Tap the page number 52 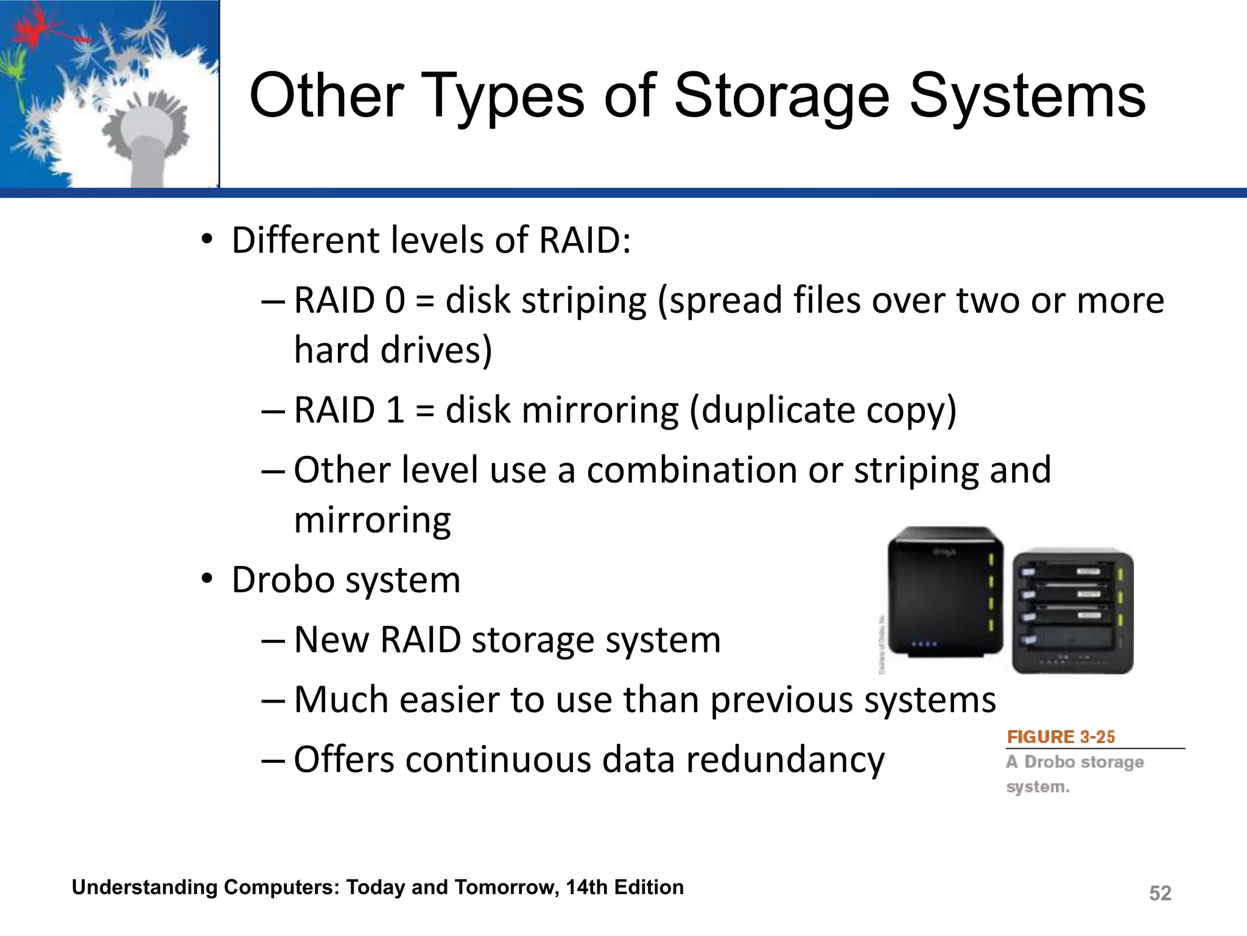tap(1160, 893)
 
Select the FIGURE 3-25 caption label tap(1061, 737)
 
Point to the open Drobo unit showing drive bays tap(1073, 611)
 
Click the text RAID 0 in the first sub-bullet tap(349, 300)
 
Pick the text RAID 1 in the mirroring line tap(349, 409)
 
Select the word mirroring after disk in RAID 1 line tap(600, 409)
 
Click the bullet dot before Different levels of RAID tap(208, 239)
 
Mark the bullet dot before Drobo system tap(208, 578)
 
